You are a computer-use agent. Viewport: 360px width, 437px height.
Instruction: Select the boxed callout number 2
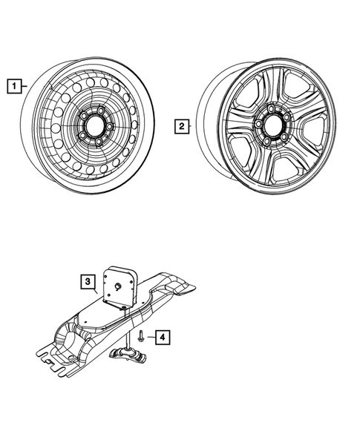pos(180,126)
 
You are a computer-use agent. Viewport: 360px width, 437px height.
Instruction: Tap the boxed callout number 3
pos(88,282)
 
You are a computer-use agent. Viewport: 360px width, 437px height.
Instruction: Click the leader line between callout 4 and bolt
pos(149,338)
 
